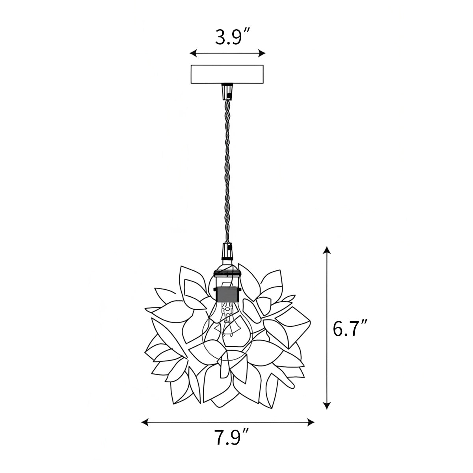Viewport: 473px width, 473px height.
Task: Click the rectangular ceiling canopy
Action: point(227,74)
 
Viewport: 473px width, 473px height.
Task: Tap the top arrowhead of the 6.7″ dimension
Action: point(326,250)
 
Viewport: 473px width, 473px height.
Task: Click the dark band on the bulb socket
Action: point(227,294)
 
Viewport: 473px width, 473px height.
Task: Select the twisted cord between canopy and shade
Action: point(227,169)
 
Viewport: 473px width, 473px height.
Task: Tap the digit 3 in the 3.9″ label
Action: point(221,38)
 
